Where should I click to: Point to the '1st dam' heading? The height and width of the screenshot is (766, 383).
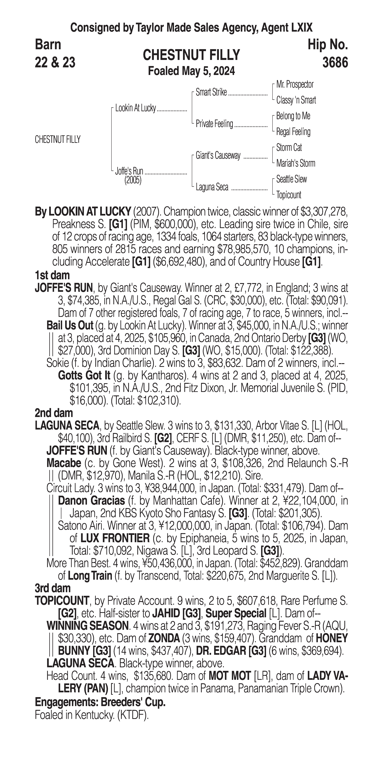click(x=52, y=275)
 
